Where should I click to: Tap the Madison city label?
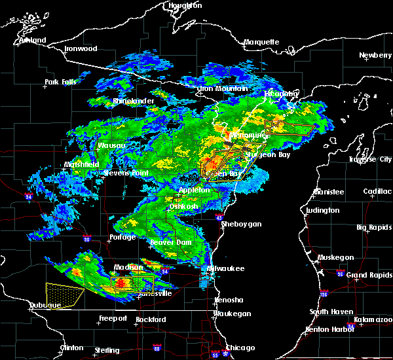pos(129,267)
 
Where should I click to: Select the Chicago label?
pos(241,348)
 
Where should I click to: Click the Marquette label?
pos(261,43)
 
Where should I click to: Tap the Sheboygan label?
pos(242,224)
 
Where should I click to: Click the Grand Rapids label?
pos(365,274)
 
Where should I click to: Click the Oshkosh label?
pos(183,207)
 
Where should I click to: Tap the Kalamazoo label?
pos(371,320)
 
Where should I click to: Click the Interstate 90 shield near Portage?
pos(86,239)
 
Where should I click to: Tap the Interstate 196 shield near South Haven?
pos(324,293)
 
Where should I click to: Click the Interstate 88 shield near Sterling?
pos(157,348)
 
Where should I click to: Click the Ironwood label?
pos(81,49)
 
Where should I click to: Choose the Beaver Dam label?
pos(170,242)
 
